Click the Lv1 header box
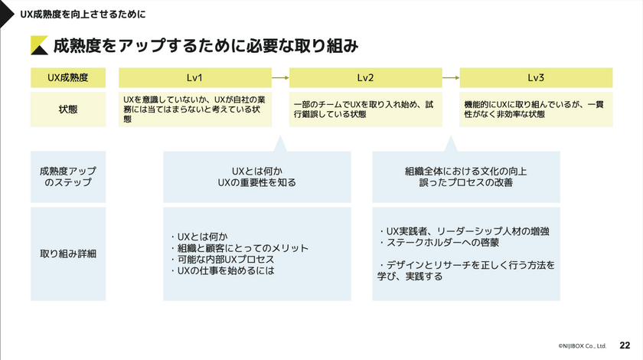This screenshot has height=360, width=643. tap(195, 77)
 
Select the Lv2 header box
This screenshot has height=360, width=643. tap(365, 77)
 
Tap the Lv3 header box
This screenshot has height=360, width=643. tap(535, 77)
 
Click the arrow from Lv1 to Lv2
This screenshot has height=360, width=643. tap(280, 77)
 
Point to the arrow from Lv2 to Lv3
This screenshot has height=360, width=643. tap(450, 77)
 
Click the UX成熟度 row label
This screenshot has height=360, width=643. tap(68, 77)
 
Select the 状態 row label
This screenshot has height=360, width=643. tap(68, 109)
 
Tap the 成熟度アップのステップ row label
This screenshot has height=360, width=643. tap(68, 176)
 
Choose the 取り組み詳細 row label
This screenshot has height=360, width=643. tap(68, 253)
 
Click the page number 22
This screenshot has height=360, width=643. tap(625, 346)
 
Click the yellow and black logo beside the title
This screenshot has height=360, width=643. tap(38, 46)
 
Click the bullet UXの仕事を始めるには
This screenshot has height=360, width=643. tap(221, 271)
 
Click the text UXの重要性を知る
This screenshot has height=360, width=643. tap(257, 183)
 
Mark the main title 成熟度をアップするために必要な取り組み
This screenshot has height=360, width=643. tap(205, 46)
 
